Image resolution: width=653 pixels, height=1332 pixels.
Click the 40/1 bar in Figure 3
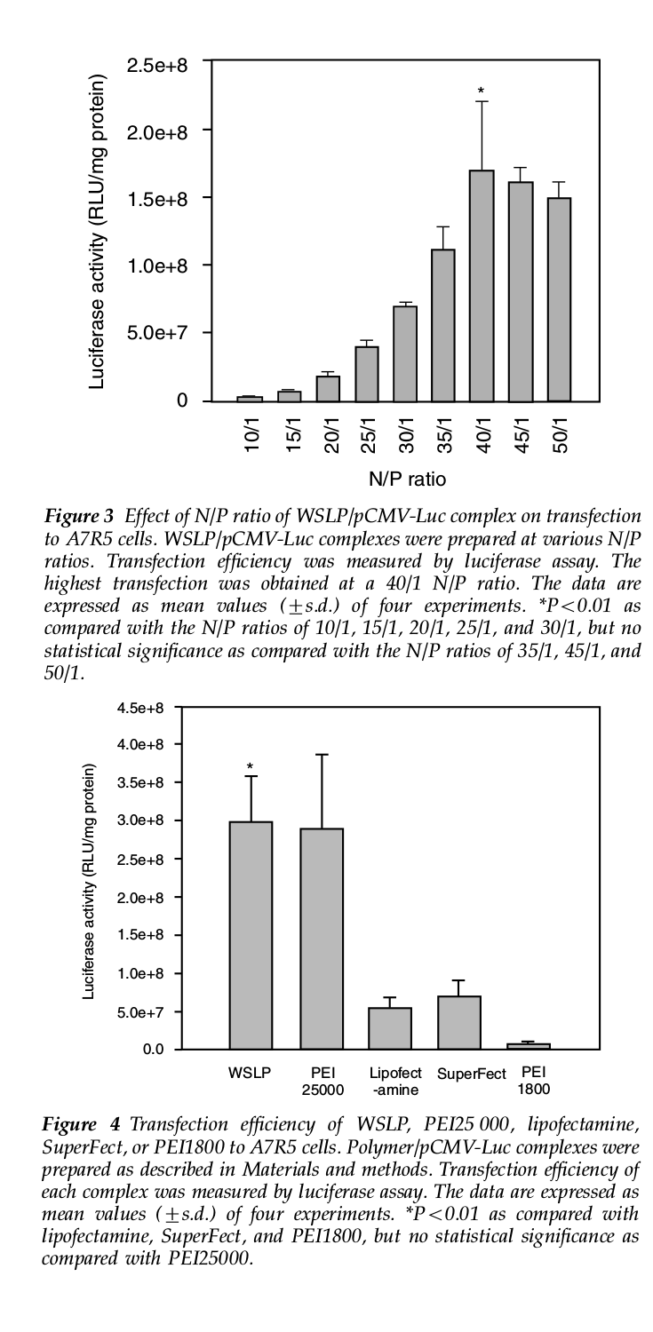point(482,286)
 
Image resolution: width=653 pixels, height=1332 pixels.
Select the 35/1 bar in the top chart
point(443,326)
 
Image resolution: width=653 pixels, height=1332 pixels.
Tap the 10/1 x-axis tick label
point(252,434)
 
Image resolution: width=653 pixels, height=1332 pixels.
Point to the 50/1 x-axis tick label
point(561,434)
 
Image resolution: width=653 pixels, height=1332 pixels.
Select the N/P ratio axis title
point(408,480)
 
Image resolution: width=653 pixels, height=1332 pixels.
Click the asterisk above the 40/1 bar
point(482,91)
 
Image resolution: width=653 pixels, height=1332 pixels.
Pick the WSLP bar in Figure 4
point(251,935)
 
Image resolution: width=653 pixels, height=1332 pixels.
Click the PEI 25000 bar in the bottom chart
point(322,939)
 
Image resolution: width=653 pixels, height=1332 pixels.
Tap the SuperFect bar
point(459,1023)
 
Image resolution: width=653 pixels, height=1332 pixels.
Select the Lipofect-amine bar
point(389,1028)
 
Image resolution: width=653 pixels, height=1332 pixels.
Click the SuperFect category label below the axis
point(472,1074)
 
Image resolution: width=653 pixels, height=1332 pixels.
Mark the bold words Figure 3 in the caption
point(78,516)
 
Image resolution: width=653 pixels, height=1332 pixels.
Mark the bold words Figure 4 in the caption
point(82,1124)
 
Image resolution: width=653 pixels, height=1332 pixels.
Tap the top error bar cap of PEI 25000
point(322,755)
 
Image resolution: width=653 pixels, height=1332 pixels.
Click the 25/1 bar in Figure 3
point(367,374)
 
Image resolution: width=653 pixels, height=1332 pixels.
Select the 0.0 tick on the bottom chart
point(153,1050)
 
